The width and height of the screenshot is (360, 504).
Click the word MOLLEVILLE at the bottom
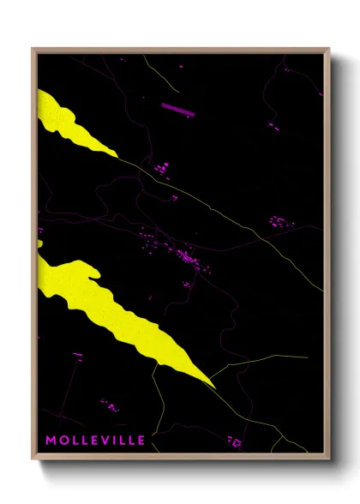pyautogui.click(x=95, y=441)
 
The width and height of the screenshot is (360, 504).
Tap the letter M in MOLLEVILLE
pyautogui.click(x=51, y=441)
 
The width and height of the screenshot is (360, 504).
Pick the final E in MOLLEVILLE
pyautogui.click(x=141, y=441)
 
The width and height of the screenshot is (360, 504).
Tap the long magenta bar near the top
pyautogui.click(x=178, y=109)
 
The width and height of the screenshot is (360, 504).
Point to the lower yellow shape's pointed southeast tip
pyautogui.click(x=213, y=387)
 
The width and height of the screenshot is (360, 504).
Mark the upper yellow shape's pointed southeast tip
pyautogui.click(x=117, y=155)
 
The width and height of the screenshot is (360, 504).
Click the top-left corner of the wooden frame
pyautogui.click(x=33, y=49)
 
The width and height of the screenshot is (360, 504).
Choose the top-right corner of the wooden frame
pyautogui.click(x=328, y=49)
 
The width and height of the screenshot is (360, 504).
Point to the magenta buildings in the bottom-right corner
pyautogui.click(x=234, y=441)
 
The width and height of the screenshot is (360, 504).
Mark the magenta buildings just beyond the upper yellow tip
pyautogui.click(x=160, y=167)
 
